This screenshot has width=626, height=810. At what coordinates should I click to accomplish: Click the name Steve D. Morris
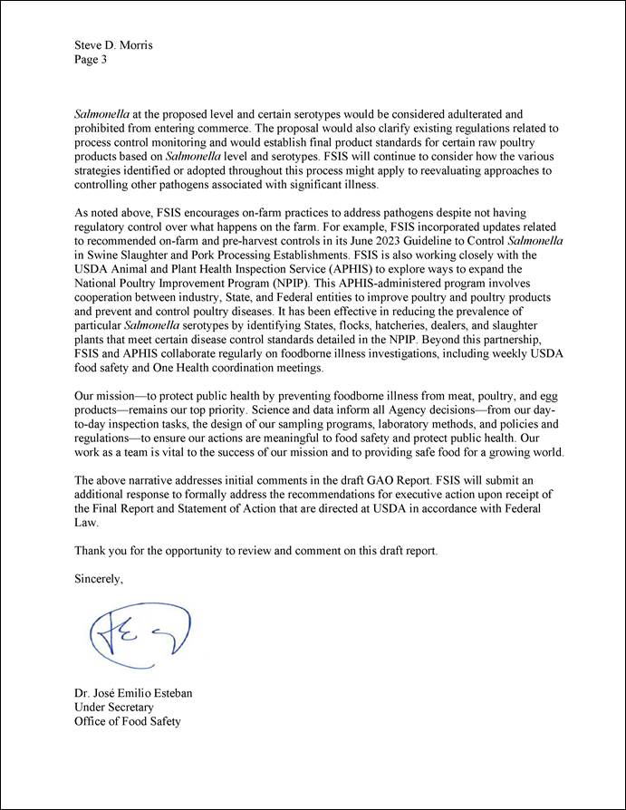pos(113,45)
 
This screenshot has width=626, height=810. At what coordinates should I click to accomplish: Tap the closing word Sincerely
pos(98,580)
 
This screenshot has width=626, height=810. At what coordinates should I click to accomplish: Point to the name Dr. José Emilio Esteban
pos(133,693)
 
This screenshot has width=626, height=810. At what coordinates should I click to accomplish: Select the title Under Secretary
pos(114,708)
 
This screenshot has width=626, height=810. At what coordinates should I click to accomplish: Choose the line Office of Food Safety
pos(128,721)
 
